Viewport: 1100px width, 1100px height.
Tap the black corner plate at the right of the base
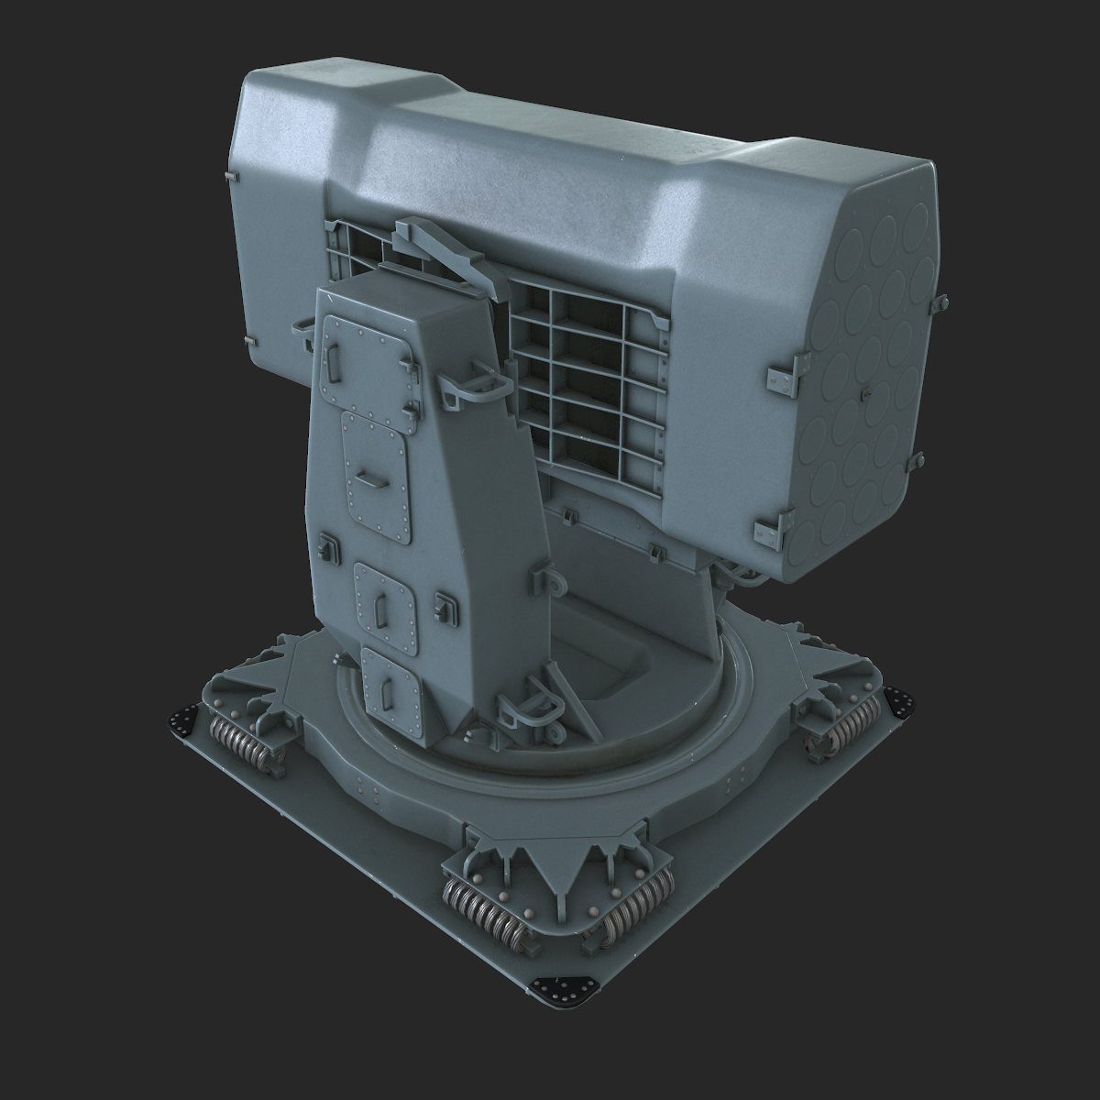pyautogui.click(x=902, y=704)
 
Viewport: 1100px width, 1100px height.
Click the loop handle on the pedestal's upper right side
pyautogui.click(x=477, y=386)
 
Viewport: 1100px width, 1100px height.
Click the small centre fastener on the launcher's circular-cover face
pyautogui.click(x=863, y=390)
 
